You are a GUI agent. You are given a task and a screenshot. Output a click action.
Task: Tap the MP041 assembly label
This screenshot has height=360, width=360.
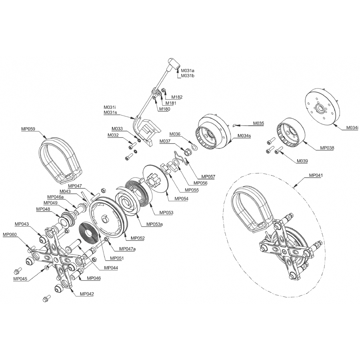pyautogui.click(x=316, y=175)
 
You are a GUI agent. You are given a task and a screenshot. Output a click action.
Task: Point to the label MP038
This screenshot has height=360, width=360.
pyautogui.click(x=327, y=148)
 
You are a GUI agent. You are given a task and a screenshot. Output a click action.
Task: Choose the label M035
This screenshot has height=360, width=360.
pyautogui.click(x=258, y=124)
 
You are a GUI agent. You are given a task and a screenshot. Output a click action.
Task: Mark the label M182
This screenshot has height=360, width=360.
pyautogui.click(x=177, y=97)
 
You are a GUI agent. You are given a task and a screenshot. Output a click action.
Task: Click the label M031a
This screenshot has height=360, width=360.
pyautogui.click(x=188, y=71)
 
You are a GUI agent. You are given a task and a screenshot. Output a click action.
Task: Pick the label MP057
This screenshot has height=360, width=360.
pyautogui.click(x=208, y=176)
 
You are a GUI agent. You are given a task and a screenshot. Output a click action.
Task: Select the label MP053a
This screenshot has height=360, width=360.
pyautogui.click(x=154, y=224)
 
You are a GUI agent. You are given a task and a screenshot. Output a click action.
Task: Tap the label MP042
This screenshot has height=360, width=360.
pyautogui.click(x=87, y=294)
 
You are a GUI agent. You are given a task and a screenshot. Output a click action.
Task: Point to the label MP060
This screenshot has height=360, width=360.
pyautogui.click(x=10, y=234)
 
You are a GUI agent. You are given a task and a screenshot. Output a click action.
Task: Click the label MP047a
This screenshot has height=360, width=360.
pyautogui.click(x=128, y=249)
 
